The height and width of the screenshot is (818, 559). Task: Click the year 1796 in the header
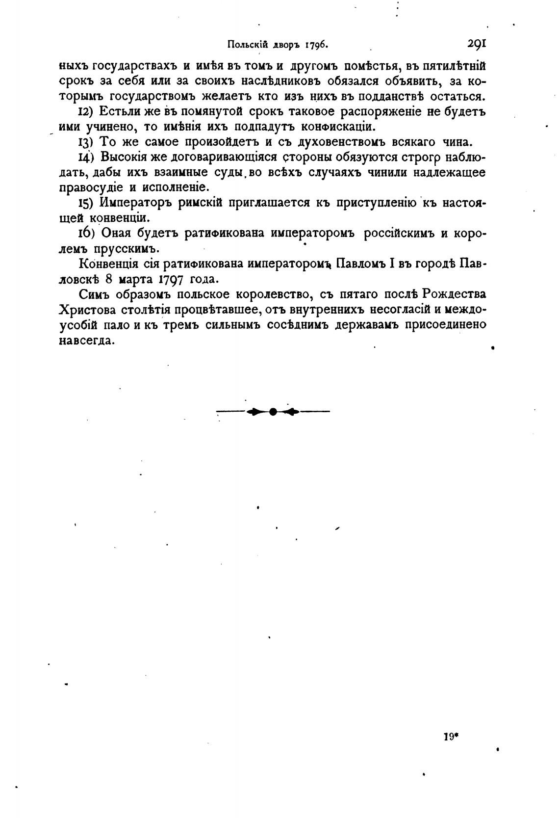tap(316, 45)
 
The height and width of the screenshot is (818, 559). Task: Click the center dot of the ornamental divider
tap(273, 412)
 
